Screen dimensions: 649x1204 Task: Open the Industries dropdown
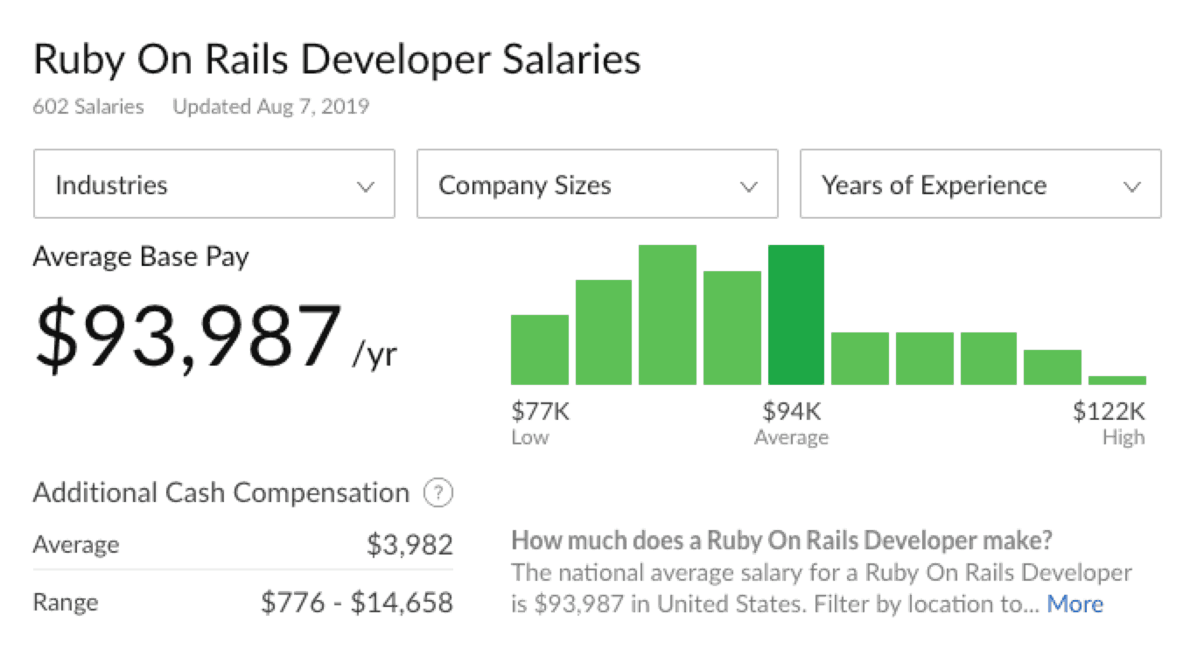[213, 185]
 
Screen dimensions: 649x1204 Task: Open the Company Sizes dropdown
[597, 185]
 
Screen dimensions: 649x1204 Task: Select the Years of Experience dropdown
[980, 185]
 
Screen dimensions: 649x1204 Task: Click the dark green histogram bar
[796, 315]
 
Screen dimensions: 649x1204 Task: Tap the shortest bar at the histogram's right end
[1117, 380]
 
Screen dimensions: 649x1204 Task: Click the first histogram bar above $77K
[539, 350]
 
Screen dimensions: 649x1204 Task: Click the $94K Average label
[792, 411]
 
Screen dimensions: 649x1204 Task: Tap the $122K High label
[1109, 411]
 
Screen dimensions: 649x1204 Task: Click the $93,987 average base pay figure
[188, 337]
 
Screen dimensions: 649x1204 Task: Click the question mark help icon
[437, 493]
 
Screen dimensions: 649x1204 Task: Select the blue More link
[1074, 604]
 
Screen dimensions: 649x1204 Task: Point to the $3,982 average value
[409, 545]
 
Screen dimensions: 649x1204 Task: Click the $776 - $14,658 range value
[357, 603]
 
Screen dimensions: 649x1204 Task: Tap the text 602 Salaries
[88, 107]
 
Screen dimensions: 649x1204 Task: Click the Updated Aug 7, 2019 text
[271, 107]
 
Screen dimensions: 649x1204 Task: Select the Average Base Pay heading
[141, 257]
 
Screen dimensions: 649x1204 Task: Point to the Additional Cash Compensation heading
[220, 492]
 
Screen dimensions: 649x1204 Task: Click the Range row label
[66, 603]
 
